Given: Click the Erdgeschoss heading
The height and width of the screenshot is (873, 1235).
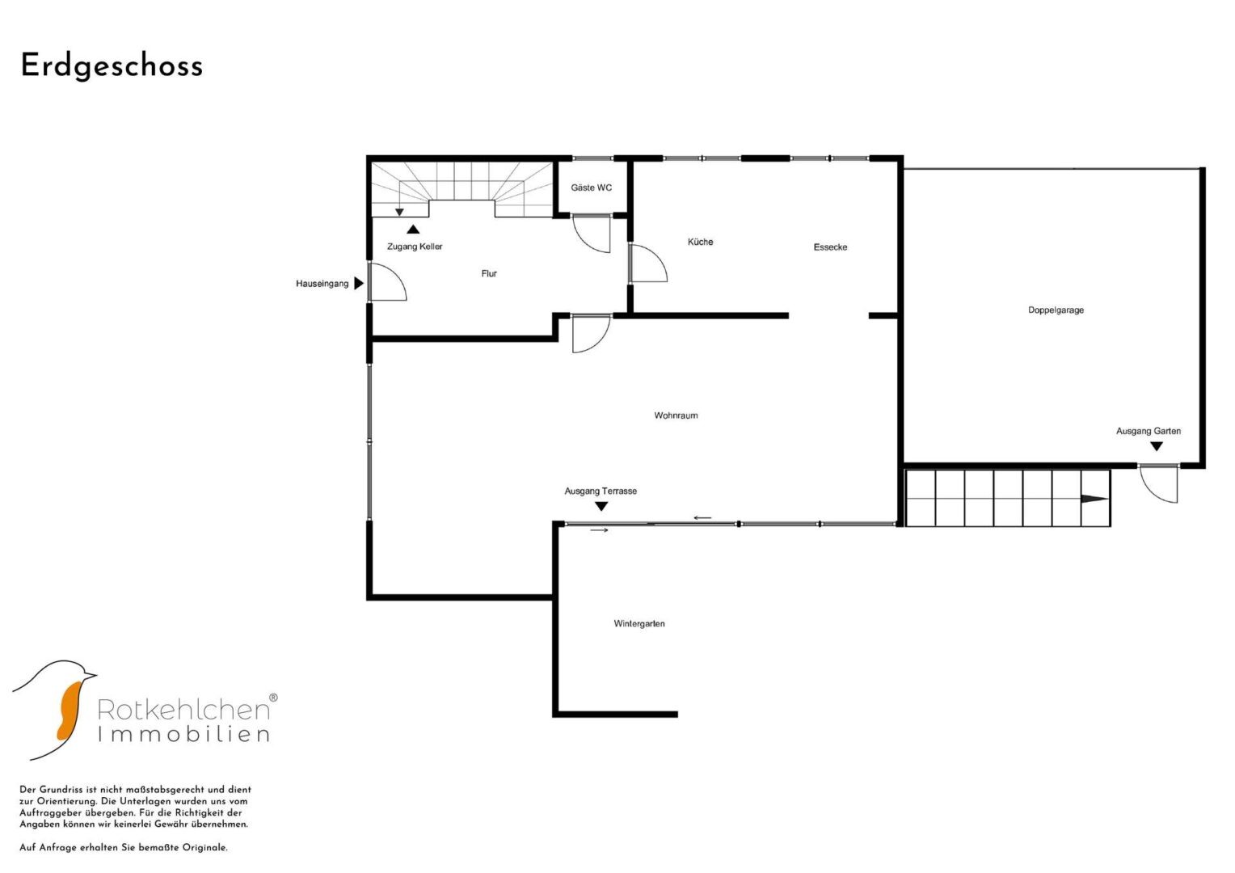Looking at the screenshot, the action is click(x=112, y=67).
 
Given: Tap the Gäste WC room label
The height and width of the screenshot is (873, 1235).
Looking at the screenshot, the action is click(x=591, y=188).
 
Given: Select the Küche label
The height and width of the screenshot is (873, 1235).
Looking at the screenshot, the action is click(x=700, y=242).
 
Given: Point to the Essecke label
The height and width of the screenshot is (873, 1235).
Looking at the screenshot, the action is click(x=830, y=247).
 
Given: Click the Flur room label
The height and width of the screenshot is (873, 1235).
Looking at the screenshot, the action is click(x=489, y=273).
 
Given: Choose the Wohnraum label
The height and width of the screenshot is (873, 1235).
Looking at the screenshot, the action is click(x=676, y=415).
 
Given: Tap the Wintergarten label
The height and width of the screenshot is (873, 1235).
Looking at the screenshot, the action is click(x=639, y=624).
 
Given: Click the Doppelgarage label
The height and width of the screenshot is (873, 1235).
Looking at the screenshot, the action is click(x=1056, y=310).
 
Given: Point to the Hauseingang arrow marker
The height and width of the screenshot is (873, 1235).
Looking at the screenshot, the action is click(x=359, y=283).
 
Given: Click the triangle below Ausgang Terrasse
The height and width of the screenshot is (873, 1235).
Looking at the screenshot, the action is click(x=601, y=506).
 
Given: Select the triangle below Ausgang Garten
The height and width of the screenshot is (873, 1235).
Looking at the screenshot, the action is click(x=1157, y=446).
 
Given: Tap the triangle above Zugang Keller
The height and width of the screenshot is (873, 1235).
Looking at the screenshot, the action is click(x=413, y=229).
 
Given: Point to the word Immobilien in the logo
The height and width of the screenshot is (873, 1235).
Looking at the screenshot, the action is click(x=183, y=734).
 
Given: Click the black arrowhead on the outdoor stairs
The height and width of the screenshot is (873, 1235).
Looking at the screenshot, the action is click(x=1094, y=499).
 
